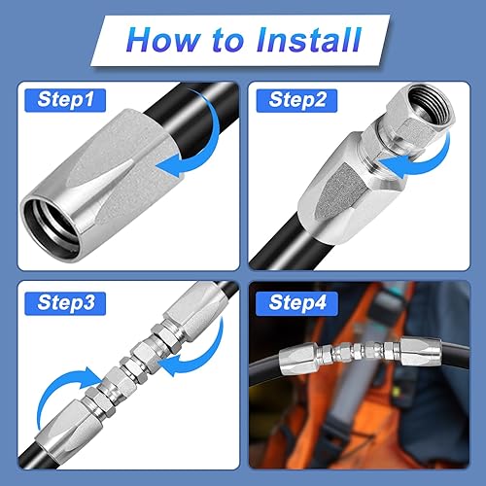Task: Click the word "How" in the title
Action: (163, 40)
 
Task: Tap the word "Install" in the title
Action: (309, 40)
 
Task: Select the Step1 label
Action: (65, 100)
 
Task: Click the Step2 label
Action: (296, 100)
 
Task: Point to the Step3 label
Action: (65, 303)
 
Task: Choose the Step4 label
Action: (296, 303)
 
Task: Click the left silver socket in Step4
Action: (298, 359)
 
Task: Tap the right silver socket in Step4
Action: (421, 352)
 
